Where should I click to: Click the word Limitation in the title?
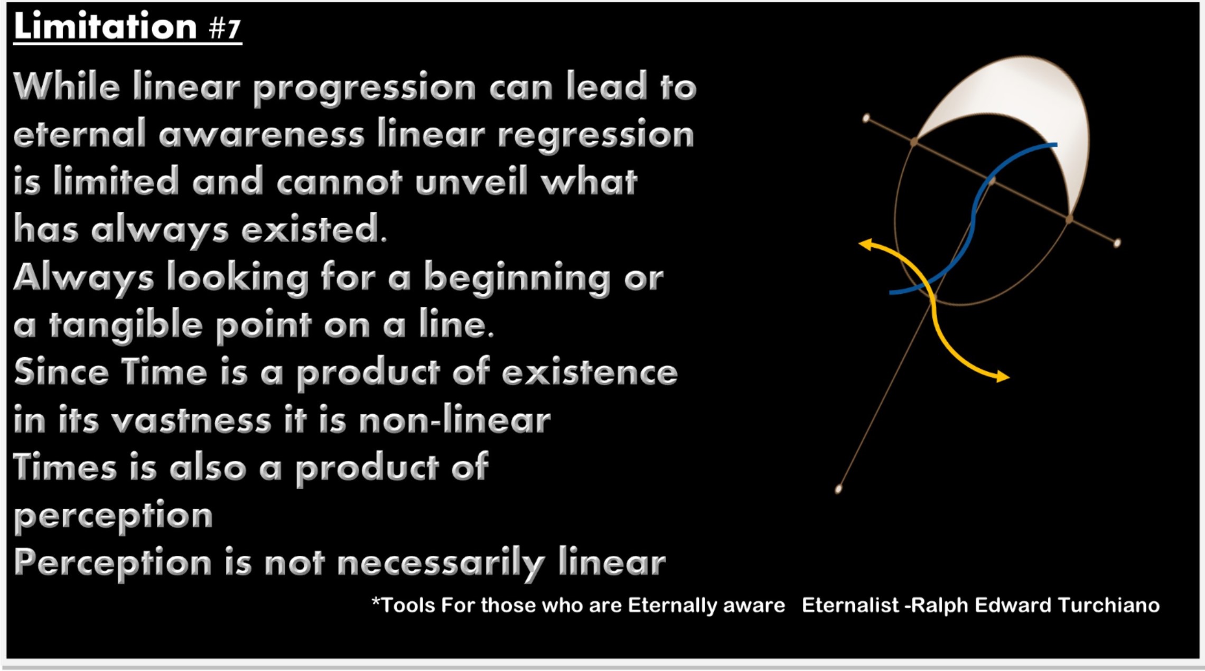[x=105, y=26]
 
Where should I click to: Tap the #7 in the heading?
[x=225, y=29]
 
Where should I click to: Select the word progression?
[x=365, y=88]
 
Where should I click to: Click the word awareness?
[x=261, y=135]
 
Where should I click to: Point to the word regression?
[x=596, y=136]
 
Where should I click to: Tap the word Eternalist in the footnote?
[x=850, y=605]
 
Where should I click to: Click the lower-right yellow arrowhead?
[x=1002, y=376]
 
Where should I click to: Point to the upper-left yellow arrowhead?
[x=866, y=244]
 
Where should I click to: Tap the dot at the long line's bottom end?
[x=838, y=489]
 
